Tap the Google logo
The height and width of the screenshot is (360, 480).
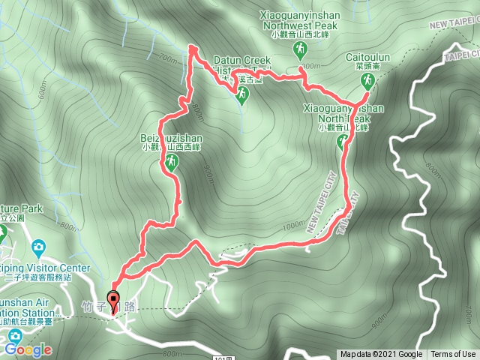coord(28,349)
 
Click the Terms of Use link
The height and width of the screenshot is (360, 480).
coord(453,355)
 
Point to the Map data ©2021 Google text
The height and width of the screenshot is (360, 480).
coord(381,355)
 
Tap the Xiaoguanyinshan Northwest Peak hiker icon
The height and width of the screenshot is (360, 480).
coord(300,49)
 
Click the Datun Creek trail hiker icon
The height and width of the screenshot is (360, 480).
coord(242,94)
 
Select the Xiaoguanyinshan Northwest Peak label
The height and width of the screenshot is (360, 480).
coord(301,19)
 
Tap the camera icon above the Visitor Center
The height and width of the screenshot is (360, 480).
coord(37,247)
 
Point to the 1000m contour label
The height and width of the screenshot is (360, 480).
coord(295,225)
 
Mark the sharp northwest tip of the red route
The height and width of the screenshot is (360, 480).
coord(191,47)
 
